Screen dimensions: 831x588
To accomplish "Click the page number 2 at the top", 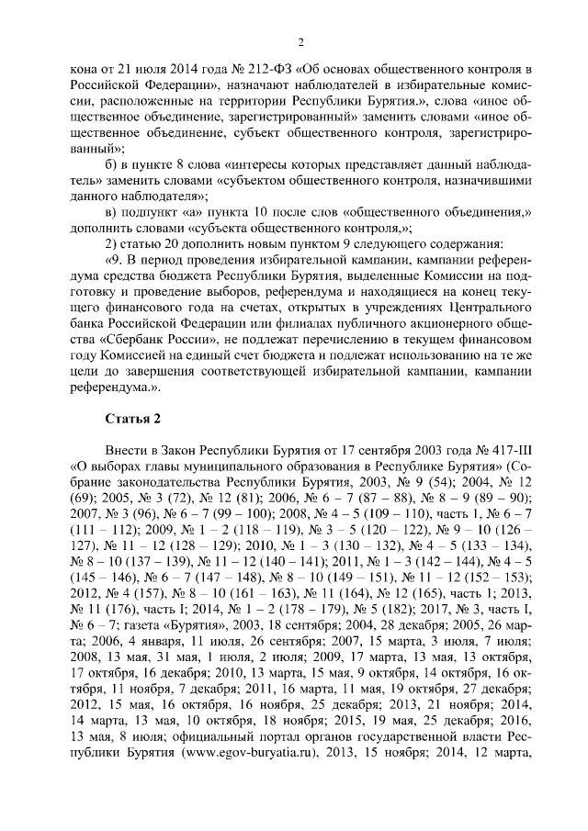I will (x=301, y=41).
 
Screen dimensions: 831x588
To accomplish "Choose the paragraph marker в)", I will (x=113, y=212).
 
